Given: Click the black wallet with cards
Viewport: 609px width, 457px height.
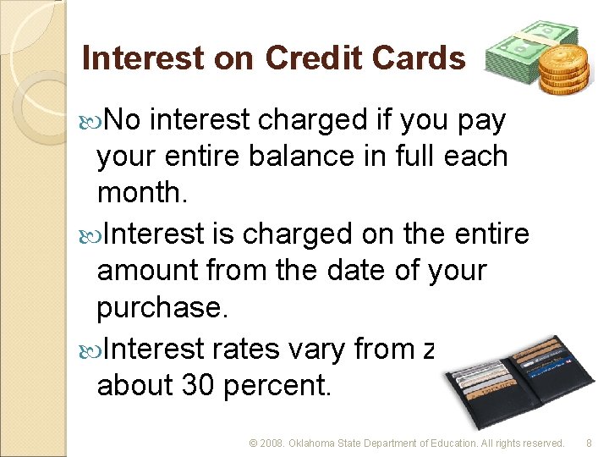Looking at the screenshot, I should coord(507,382).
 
